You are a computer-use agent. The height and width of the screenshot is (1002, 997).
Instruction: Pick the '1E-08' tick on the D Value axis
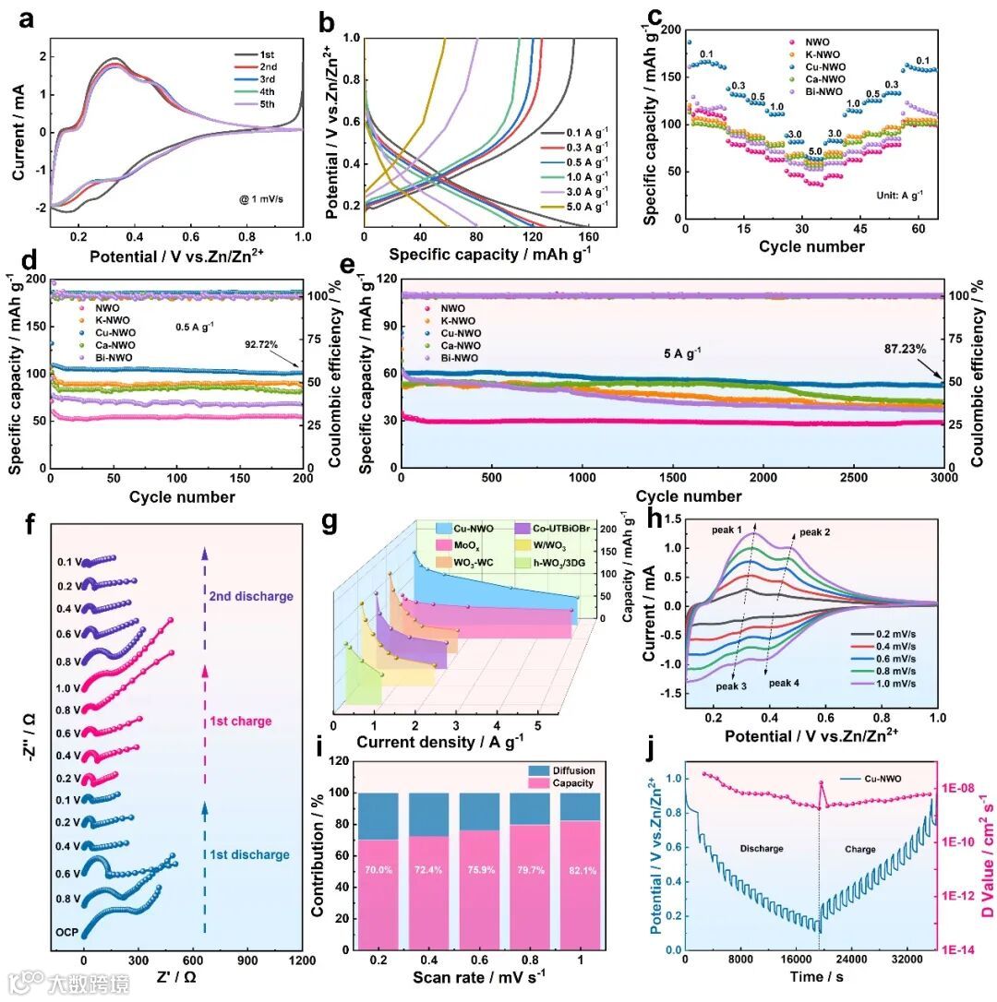click(x=967, y=788)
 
